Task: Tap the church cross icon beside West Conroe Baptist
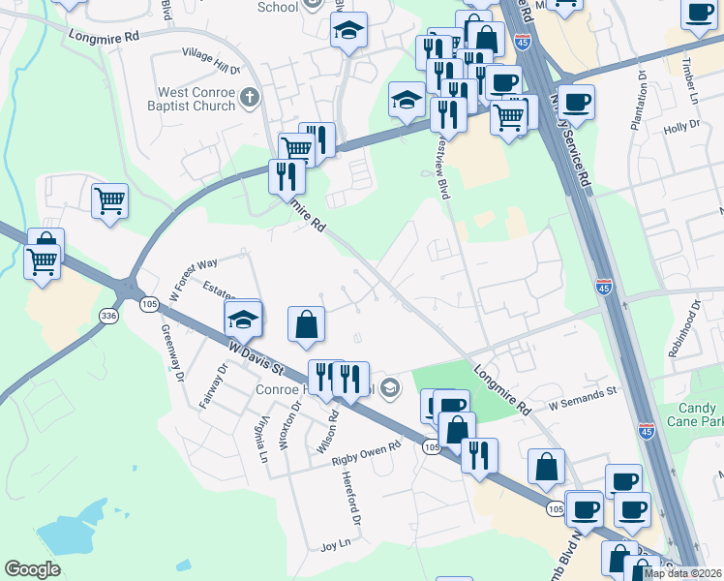click(x=250, y=97)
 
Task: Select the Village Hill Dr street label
click(x=210, y=70)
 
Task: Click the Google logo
click(x=32, y=569)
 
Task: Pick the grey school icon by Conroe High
click(x=389, y=388)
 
